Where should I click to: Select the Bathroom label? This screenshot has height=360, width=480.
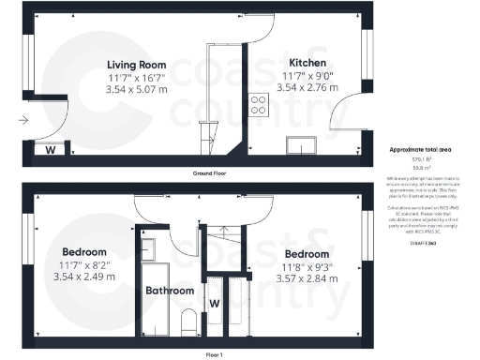tap(169, 291)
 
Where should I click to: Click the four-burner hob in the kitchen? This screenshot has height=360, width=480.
tap(256, 106)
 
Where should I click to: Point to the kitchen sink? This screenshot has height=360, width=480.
tap(303, 143)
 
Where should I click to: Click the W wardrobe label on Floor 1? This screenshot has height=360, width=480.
tap(214, 303)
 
